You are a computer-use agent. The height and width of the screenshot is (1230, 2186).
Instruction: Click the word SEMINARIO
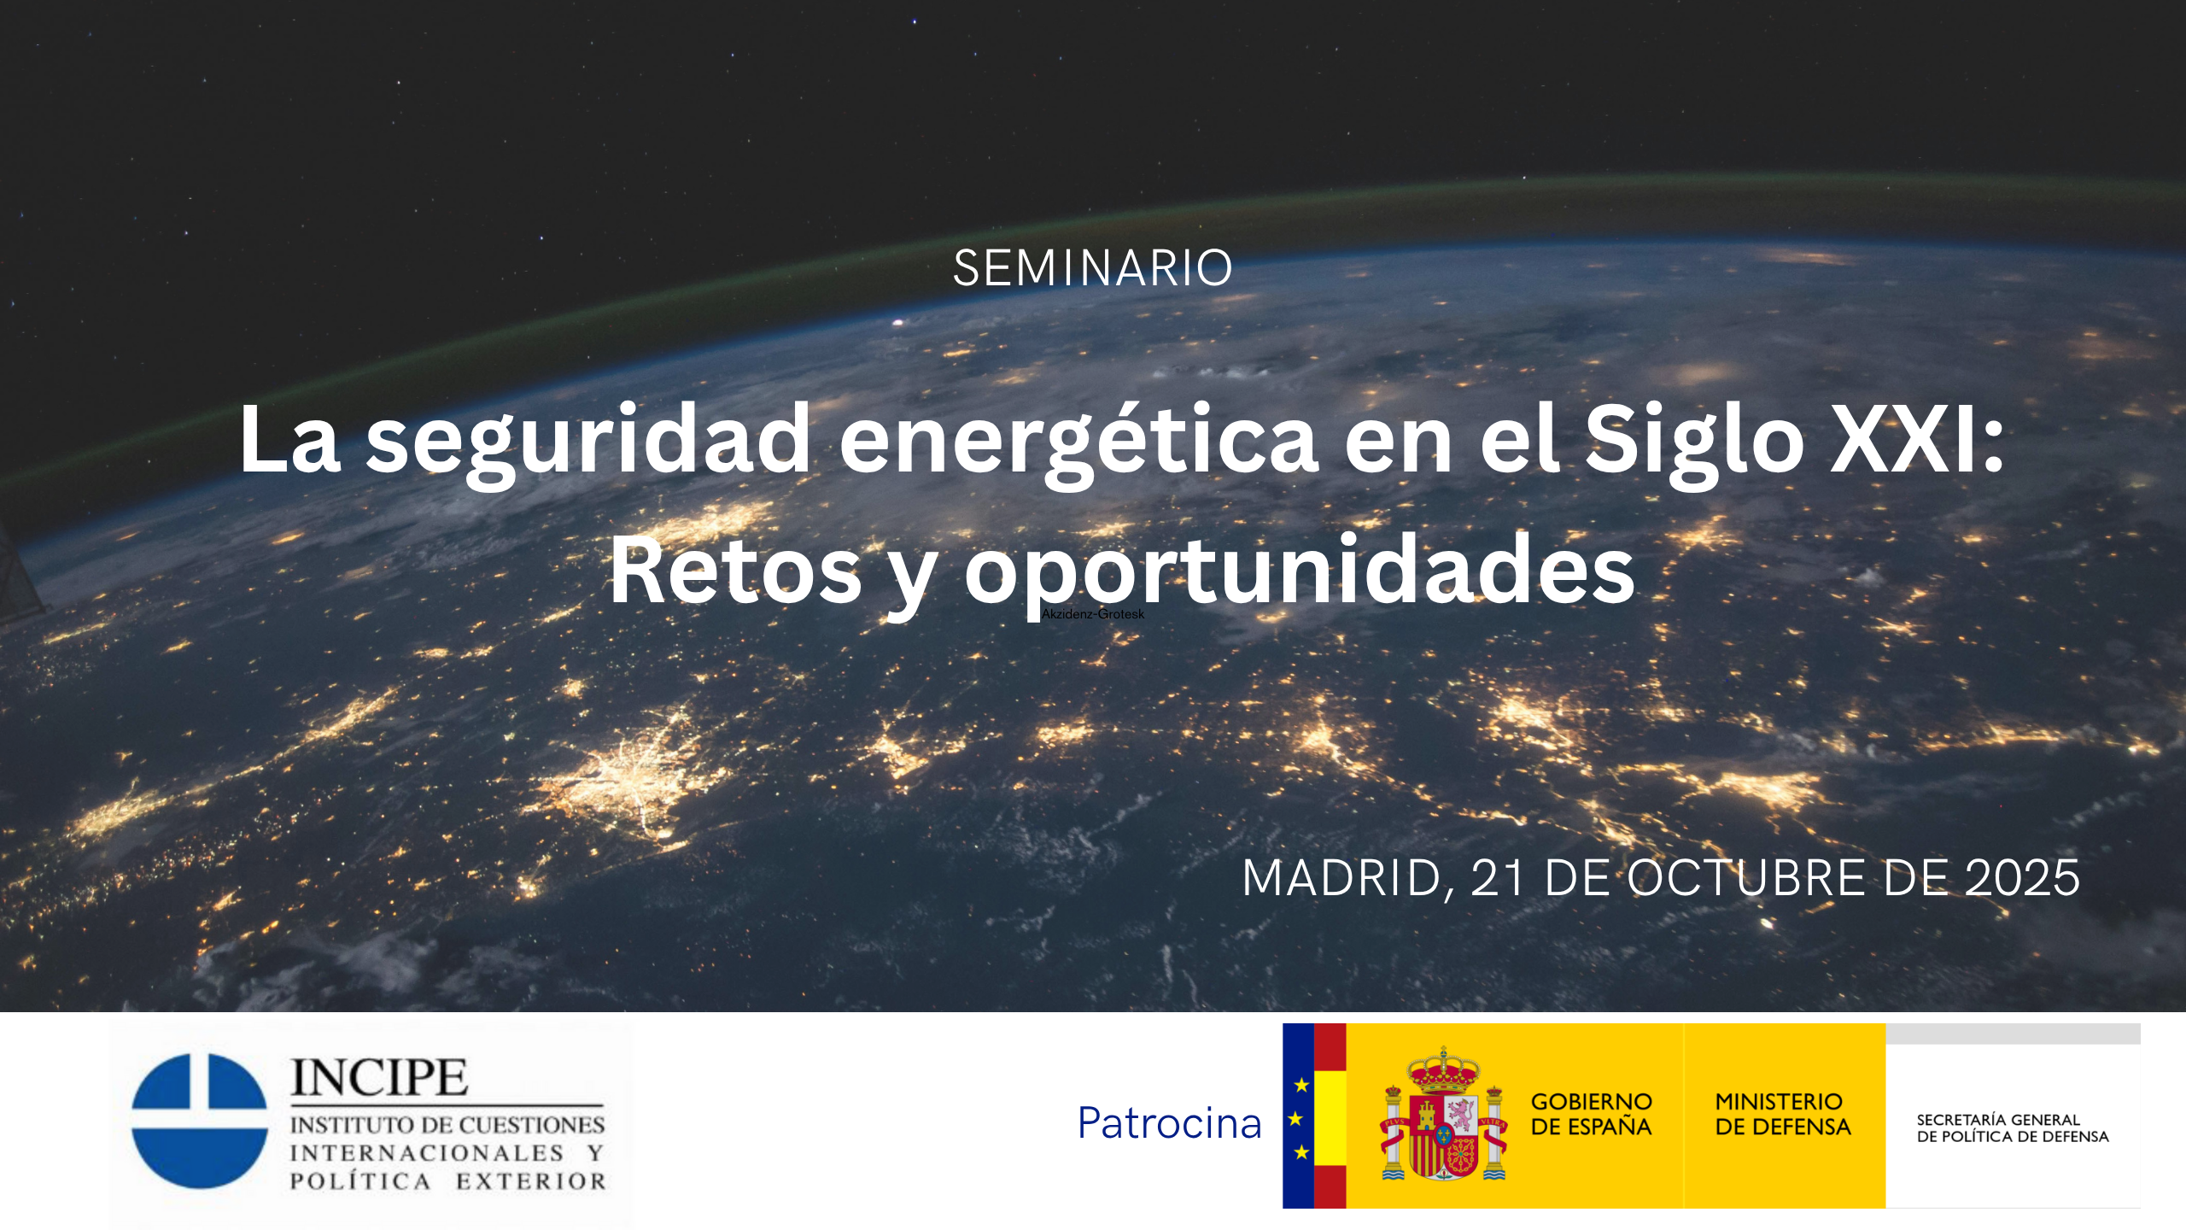(x=1093, y=268)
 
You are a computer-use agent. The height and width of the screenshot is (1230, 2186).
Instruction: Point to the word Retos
(x=735, y=570)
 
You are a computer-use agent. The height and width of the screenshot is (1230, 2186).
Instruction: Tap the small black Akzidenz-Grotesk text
(x=1093, y=614)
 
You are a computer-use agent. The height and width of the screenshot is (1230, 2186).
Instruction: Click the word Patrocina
(x=1170, y=1123)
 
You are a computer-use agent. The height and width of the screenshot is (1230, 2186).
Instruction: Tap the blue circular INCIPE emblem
(x=200, y=1121)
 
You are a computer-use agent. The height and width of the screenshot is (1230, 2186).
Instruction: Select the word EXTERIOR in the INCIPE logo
(x=530, y=1181)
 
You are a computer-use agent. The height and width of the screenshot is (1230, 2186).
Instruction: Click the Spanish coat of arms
(x=1444, y=1115)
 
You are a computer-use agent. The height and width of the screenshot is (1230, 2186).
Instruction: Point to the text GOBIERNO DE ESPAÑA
(x=1592, y=1115)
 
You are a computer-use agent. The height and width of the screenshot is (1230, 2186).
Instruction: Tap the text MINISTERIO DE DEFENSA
(x=1783, y=1115)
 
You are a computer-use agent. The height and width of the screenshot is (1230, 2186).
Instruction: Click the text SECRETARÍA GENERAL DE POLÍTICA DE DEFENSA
(x=2013, y=1128)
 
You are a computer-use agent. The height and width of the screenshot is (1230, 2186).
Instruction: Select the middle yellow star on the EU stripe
(x=1296, y=1119)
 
